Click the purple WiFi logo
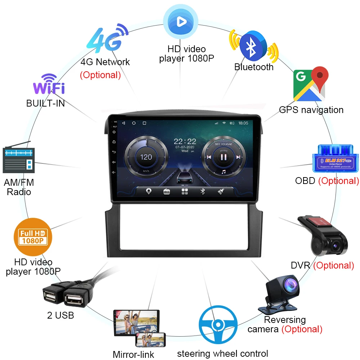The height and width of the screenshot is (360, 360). [49, 85]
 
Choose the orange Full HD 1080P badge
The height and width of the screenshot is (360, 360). [33, 236]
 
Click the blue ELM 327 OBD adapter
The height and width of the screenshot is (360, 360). [335, 158]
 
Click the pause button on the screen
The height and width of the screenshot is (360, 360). [223, 157]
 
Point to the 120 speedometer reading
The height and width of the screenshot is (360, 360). [146, 157]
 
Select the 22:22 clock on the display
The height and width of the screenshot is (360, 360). [185, 141]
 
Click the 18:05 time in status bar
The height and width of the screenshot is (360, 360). [243, 123]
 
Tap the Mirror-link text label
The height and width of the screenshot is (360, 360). [133, 354]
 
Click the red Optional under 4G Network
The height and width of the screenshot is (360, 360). [100, 75]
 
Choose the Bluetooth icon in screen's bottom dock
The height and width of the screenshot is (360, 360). [202, 191]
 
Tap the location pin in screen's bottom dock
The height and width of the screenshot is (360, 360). [148, 191]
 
